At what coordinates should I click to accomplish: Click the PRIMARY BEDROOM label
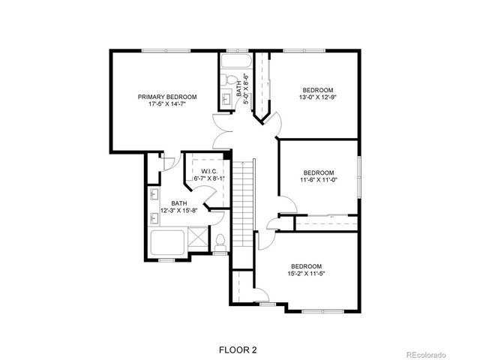166,97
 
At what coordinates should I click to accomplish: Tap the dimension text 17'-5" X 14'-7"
166,105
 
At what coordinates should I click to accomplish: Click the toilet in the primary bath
220,241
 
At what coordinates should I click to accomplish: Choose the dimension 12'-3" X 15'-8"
178,210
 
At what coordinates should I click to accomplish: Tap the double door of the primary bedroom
226,132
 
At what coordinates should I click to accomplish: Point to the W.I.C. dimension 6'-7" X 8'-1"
209,178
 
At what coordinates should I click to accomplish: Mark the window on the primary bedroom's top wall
166,50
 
